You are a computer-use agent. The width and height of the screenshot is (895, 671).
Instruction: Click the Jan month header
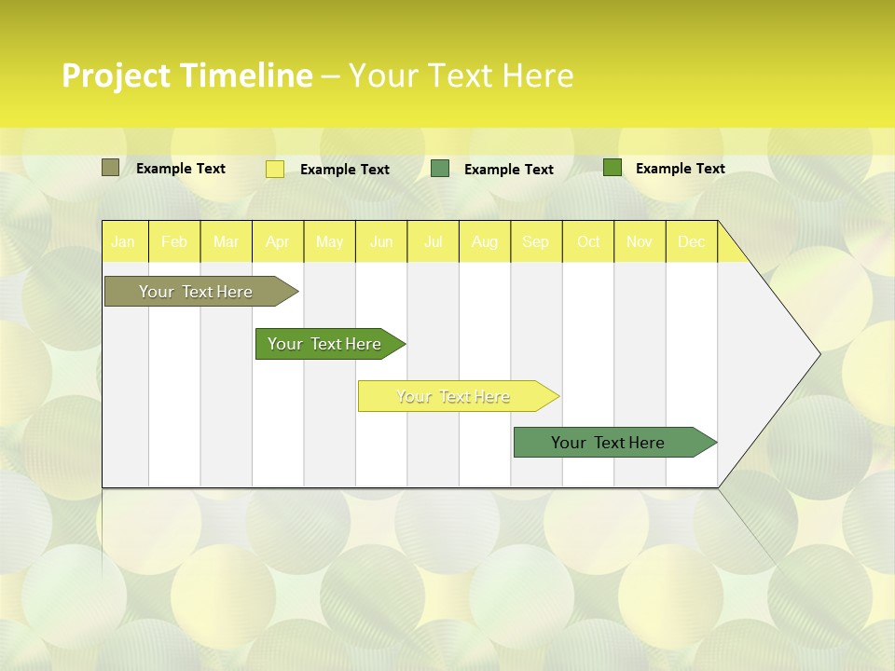(123, 241)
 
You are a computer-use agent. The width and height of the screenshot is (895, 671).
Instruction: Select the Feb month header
(174, 241)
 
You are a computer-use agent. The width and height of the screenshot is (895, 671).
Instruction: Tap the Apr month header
(278, 241)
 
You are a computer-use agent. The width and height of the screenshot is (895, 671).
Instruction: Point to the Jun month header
(381, 241)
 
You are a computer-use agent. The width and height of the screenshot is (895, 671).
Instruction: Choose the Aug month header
(485, 241)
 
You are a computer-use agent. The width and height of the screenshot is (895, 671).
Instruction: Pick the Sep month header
(536, 241)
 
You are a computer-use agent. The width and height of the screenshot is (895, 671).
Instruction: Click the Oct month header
(588, 241)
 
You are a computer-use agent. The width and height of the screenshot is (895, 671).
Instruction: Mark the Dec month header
(692, 241)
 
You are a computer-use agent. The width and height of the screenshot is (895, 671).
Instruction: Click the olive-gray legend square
(110, 168)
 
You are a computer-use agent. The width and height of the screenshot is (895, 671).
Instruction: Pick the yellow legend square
(275, 169)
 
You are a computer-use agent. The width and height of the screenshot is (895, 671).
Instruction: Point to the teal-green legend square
(440, 169)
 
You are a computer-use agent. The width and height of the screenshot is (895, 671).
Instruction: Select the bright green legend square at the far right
(612, 168)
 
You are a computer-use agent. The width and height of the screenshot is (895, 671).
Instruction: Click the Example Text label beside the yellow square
(345, 170)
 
